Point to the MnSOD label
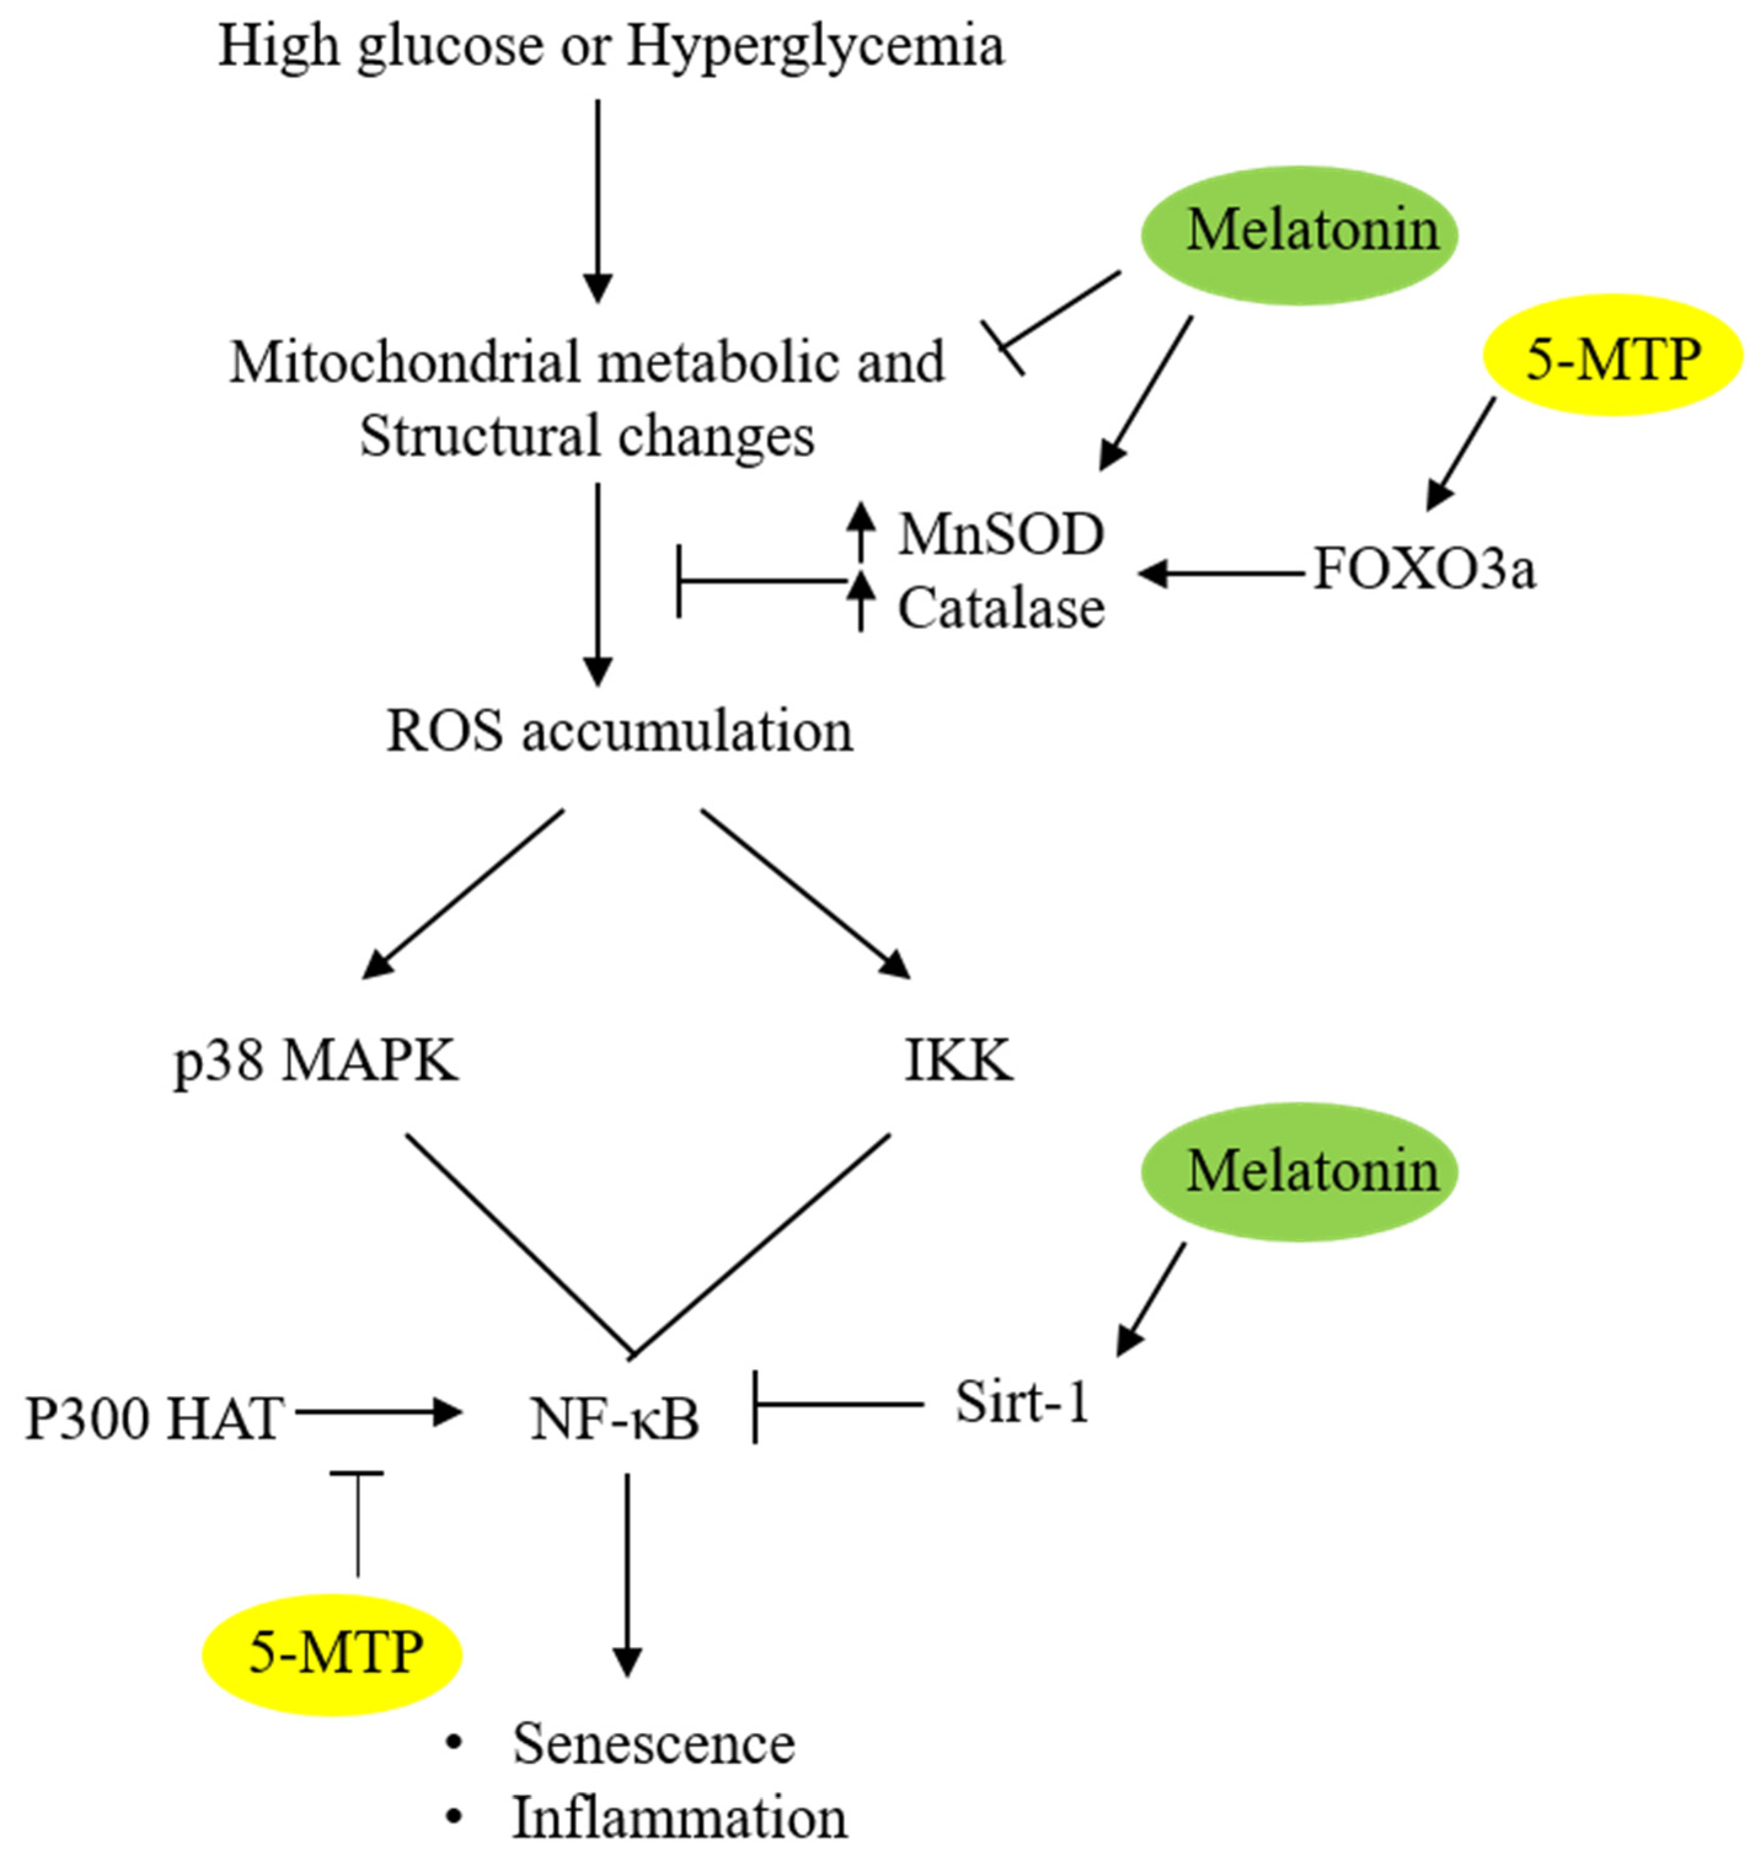click(x=1000, y=535)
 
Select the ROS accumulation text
click(x=620, y=731)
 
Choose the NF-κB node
click(x=615, y=1420)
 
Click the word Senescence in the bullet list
click(x=653, y=1744)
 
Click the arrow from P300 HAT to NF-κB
click(x=377, y=1412)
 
